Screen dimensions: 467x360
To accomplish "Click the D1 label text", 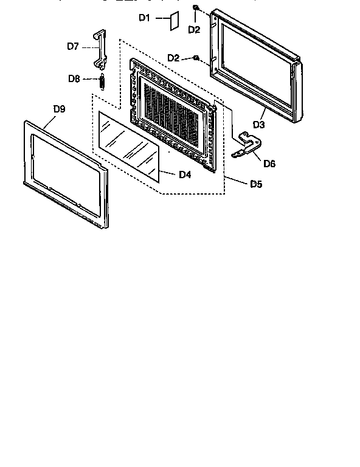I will click(144, 18).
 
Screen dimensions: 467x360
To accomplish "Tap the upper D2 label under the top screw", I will click(193, 29).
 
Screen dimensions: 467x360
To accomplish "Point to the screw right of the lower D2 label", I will click(196, 58).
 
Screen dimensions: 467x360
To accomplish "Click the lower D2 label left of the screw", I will click(173, 58).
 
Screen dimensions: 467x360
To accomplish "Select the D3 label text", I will click(259, 125).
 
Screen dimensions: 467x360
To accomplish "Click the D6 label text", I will click(270, 164).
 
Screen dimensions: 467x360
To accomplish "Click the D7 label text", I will click(73, 46).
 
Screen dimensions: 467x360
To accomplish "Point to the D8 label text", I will click(74, 78).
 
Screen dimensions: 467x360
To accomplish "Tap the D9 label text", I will click(59, 109).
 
